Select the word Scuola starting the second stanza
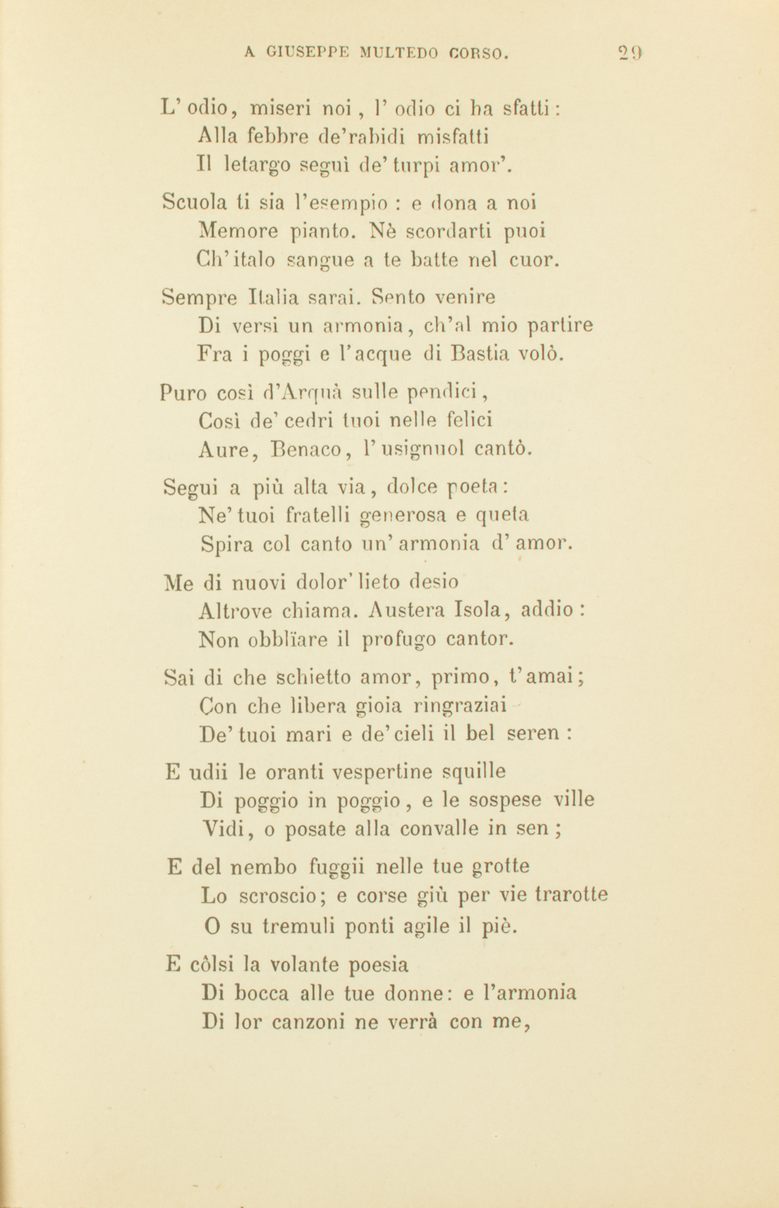(x=189, y=202)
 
